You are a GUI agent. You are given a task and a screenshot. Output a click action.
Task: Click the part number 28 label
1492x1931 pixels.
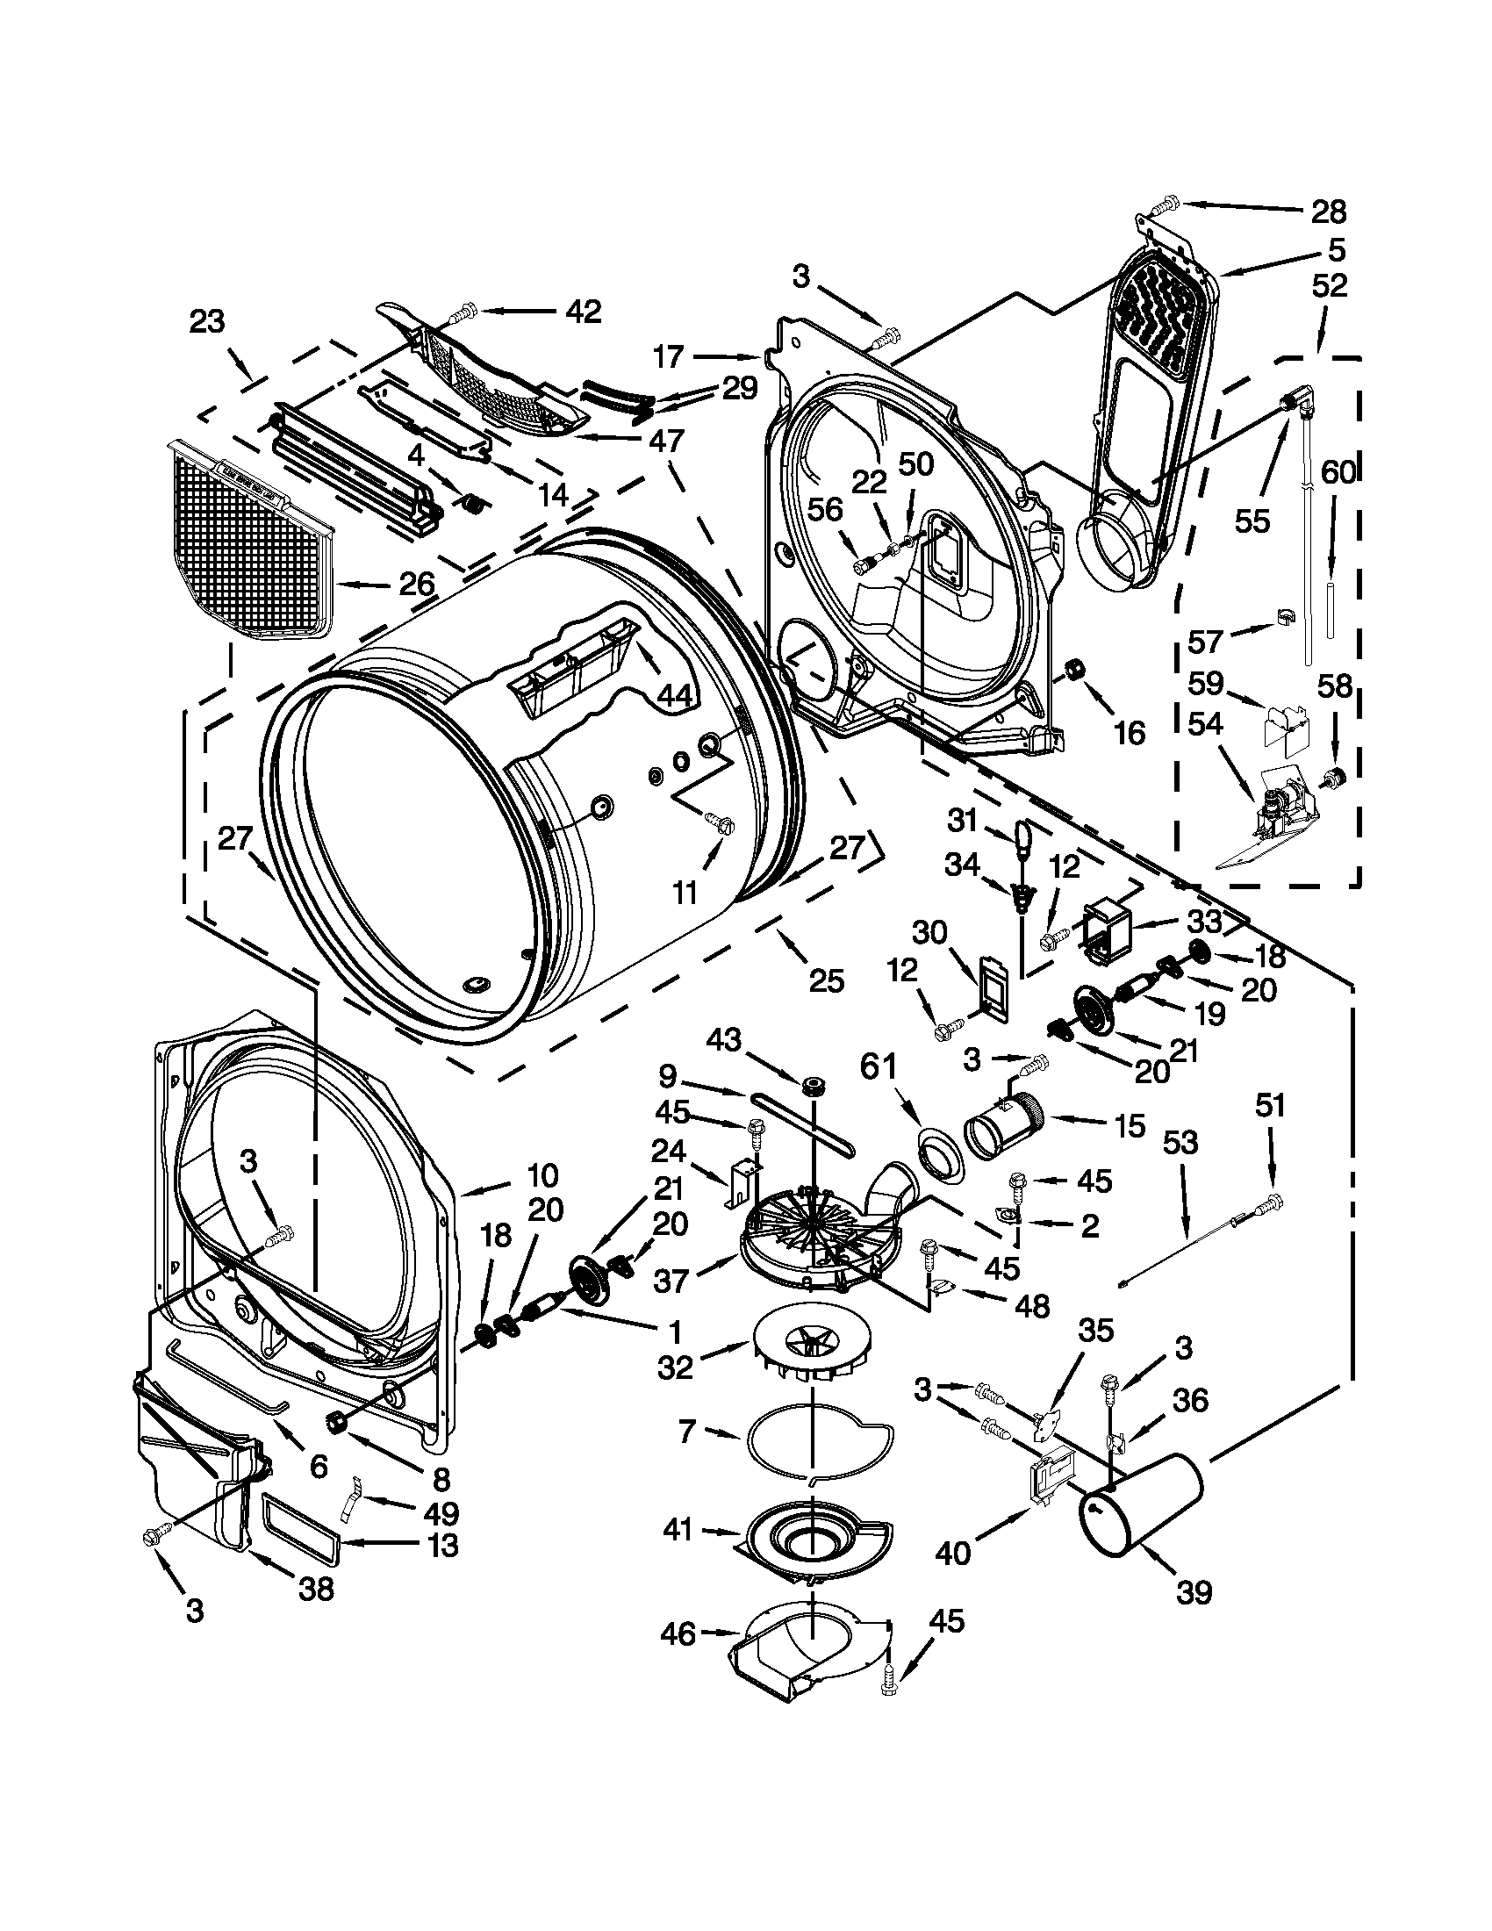click(1328, 212)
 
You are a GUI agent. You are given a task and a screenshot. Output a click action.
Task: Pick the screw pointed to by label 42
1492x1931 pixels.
click(463, 313)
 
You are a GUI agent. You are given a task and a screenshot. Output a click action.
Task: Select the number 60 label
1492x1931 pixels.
click(1338, 474)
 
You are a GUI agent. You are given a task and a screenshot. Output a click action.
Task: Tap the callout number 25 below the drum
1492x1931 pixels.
click(826, 981)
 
